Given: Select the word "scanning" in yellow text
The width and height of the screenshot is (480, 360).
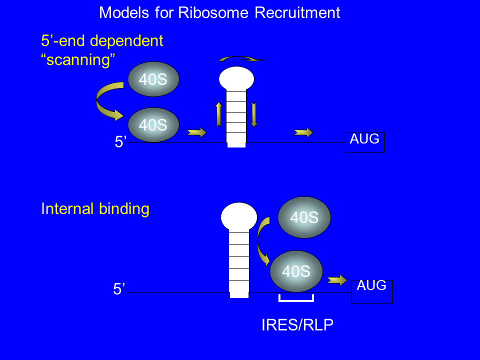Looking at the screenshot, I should point(77,59).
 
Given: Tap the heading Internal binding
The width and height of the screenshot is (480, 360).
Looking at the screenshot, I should point(95,208).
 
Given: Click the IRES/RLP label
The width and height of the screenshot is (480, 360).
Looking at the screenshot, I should point(297,325).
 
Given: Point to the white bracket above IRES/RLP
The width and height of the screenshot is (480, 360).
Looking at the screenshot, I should point(296,299).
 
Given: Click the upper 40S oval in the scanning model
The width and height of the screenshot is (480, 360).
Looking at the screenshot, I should point(153,79).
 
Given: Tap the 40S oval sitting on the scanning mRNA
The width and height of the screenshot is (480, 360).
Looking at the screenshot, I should point(153,125).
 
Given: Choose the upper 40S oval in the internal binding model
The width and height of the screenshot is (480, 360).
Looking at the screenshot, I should point(304,217).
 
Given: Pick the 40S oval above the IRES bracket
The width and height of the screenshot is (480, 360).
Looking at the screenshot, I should point(296,271).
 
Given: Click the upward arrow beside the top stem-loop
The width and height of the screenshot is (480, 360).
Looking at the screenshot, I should point(218,114).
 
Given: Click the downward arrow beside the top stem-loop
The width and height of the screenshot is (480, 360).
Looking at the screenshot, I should point(254,114).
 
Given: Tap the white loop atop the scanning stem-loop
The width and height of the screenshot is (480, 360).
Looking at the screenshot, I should point(236,78).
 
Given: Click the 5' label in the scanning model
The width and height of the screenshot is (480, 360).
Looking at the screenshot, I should point(120,142).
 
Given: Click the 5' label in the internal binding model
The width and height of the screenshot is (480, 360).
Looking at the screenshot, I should point(118,289).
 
